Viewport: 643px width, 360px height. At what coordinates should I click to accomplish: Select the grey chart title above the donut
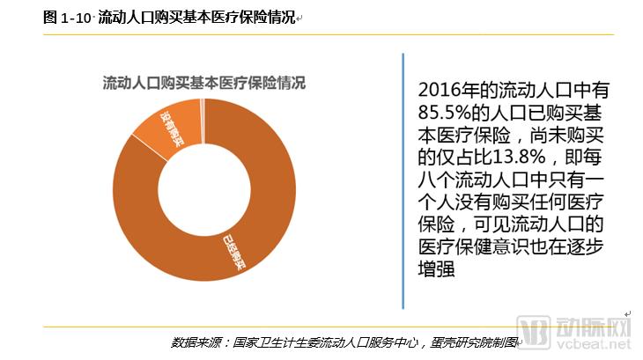click(203, 84)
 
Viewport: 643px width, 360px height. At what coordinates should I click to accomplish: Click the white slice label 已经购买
click(235, 247)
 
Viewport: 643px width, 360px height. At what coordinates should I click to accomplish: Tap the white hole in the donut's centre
click(203, 190)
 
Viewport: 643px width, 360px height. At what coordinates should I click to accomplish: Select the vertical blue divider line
click(403, 180)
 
